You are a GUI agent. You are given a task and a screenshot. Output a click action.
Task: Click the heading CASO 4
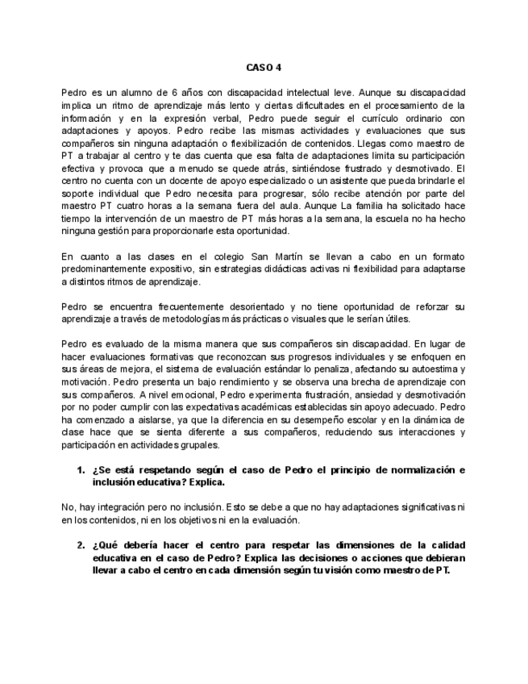point(264,69)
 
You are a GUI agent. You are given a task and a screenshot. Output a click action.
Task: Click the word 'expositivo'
point(161,269)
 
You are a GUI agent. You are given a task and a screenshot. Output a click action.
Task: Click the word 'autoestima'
point(422,369)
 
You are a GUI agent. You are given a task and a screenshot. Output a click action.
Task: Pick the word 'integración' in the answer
point(111,507)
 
